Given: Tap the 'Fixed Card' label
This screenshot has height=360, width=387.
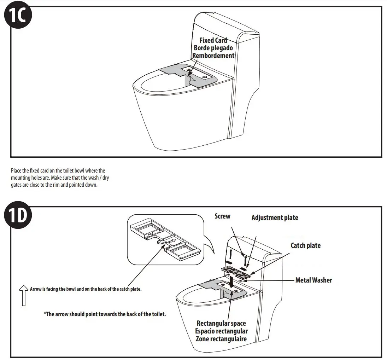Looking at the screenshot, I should point(213,40).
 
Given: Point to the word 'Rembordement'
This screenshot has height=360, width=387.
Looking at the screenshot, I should point(213,56).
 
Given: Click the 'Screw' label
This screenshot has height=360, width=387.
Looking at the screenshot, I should point(222,216).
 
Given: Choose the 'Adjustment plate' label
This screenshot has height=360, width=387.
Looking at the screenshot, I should point(275,217).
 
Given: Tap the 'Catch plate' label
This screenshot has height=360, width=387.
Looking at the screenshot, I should point(305,245).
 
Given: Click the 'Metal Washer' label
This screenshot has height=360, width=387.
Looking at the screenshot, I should point(313,280).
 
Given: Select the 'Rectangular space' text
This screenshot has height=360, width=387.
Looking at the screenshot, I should point(221,323).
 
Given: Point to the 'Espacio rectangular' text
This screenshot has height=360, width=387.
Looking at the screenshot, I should point(221,331).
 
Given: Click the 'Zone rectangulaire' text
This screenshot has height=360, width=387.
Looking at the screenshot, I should point(221,339).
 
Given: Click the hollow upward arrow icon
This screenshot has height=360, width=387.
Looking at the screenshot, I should point(24,295).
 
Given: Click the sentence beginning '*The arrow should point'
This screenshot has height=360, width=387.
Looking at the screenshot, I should point(105,314).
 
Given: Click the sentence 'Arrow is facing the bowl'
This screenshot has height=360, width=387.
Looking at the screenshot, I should point(86,289).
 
